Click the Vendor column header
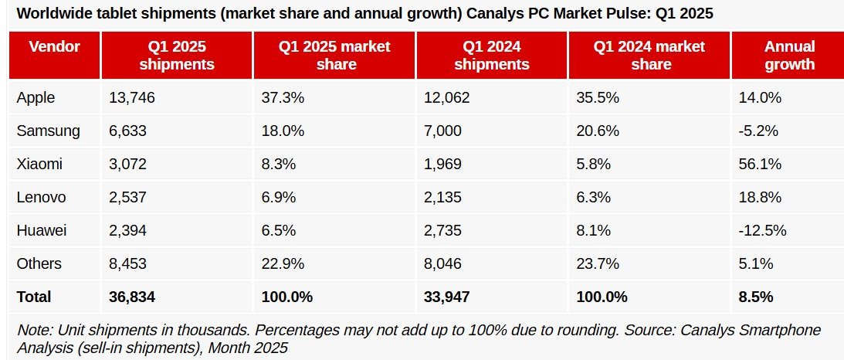(54, 47)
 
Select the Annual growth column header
(790, 56)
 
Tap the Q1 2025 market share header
(334, 56)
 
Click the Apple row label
(36, 97)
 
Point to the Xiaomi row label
(39, 164)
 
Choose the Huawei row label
(42, 230)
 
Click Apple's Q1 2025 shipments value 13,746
(132, 97)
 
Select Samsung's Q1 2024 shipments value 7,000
(442, 131)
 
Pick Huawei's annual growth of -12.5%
(761, 230)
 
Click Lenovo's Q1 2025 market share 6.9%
(278, 197)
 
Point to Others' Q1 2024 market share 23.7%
(598, 263)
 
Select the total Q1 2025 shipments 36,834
(132, 297)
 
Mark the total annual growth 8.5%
(756, 297)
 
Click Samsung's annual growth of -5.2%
(758, 131)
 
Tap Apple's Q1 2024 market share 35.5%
(598, 97)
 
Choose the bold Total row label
(34, 297)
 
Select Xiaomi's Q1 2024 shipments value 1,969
(442, 164)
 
